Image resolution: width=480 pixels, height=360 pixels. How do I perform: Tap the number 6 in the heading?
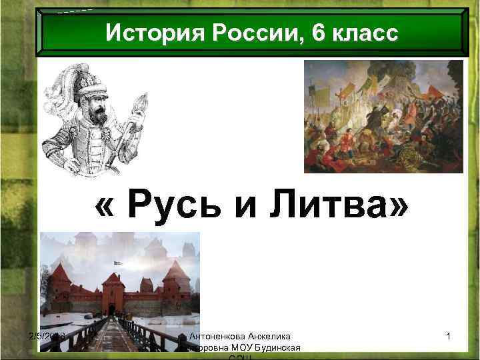(x=321, y=33)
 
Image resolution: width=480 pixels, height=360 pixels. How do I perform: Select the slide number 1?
(x=449, y=337)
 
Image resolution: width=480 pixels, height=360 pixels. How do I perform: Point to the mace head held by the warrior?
(x=141, y=102)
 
